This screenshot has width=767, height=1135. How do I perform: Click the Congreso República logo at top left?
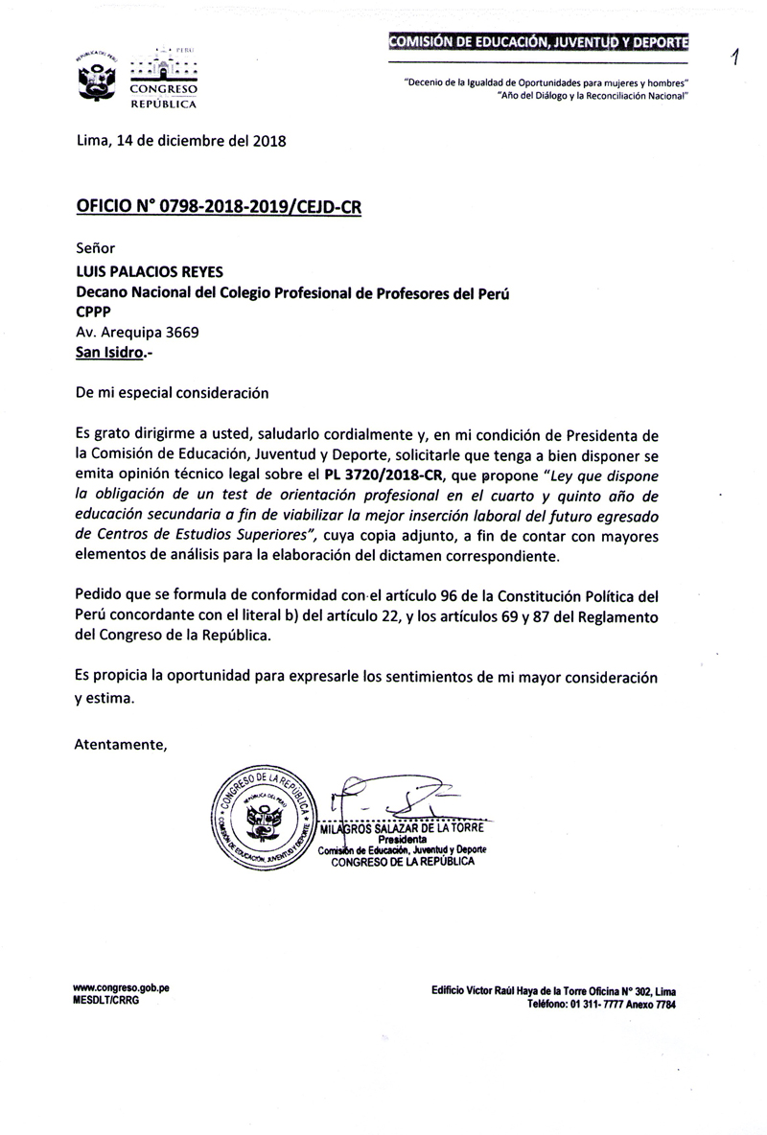[135, 78]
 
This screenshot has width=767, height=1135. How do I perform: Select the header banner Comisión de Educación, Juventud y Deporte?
[538, 42]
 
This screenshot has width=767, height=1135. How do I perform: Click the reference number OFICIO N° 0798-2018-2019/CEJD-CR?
[219, 206]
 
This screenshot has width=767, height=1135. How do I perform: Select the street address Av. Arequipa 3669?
[138, 333]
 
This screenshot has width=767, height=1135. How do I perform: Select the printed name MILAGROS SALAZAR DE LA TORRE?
[403, 828]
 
